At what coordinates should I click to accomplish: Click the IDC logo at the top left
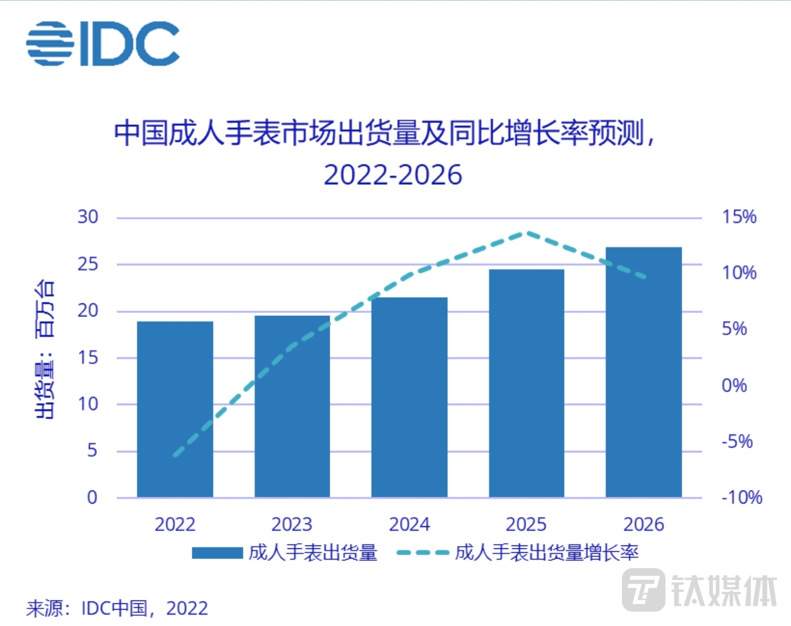tap(103, 44)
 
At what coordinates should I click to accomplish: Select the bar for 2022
tap(175, 409)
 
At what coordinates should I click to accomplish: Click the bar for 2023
tap(292, 407)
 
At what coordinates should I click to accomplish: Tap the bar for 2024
tap(409, 397)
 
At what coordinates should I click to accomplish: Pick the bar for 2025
tap(527, 383)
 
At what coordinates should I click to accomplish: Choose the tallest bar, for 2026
tap(643, 373)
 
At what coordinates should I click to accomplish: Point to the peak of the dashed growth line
tap(527, 232)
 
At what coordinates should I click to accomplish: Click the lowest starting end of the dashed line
tap(175, 455)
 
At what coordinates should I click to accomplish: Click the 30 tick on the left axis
tap(88, 217)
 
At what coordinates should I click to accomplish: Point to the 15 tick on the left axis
tap(88, 358)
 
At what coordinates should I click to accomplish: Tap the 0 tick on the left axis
tap(92, 498)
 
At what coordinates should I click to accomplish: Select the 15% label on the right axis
tap(739, 217)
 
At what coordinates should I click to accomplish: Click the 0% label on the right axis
tap(734, 386)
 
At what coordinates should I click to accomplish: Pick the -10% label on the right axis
tap(741, 498)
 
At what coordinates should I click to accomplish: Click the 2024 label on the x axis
tap(409, 525)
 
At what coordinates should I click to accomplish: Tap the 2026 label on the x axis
tap(643, 525)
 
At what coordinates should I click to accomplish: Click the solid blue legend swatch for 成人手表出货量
tap(217, 553)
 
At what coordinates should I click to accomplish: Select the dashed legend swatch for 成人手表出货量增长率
tap(423, 553)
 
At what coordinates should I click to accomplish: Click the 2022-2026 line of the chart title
tap(393, 175)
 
